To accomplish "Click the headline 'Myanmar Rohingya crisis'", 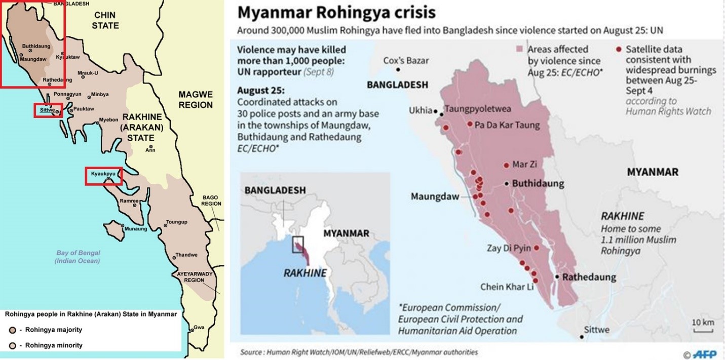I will [x=336, y=13].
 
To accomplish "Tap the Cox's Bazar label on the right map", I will [x=406, y=60].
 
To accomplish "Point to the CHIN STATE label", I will [x=105, y=21].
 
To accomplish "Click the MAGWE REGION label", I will [x=195, y=99].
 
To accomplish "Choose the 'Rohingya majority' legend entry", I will [x=48, y=330].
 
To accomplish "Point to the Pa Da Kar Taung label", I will [x=507, y=125].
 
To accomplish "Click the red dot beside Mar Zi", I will [x=506, y=165].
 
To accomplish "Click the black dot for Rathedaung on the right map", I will [x=557, y=277].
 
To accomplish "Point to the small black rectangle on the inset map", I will [x=298, y=244].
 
